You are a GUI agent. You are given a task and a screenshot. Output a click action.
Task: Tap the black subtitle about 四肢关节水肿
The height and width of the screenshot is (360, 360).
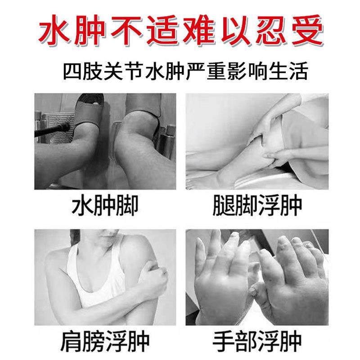pyautogui.click(x=180, y=71)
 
